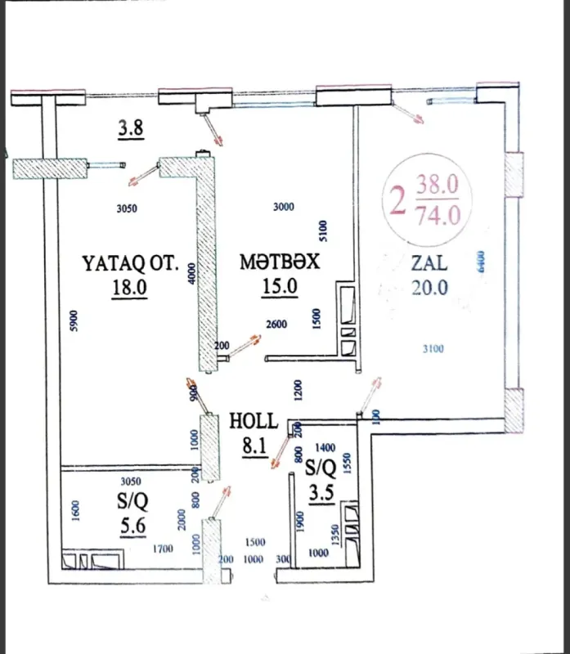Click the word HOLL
click(x=254, y=422)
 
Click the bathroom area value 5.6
click(x=132, y=526)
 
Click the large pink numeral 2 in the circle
click(x=398, y=199)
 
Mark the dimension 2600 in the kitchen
click(x=276, y=325)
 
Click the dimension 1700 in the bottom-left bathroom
click(x=162, y=549)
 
